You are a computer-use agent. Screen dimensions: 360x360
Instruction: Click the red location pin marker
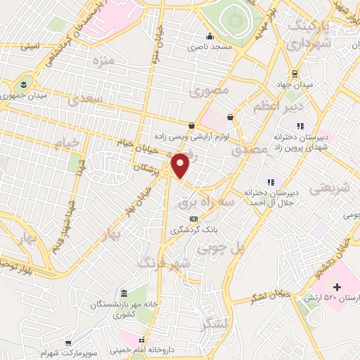[181, 165]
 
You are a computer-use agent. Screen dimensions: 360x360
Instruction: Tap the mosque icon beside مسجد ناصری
[209, 37]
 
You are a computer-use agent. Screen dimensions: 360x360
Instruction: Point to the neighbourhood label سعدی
[86, 101]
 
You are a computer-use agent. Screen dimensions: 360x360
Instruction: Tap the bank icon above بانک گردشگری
[193, 219]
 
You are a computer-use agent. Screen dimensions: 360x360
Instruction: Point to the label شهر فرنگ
[164, 264]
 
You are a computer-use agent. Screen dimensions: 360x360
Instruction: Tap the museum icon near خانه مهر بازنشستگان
[124, 292]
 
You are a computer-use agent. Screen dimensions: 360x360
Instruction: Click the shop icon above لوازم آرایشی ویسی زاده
[191, 126]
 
